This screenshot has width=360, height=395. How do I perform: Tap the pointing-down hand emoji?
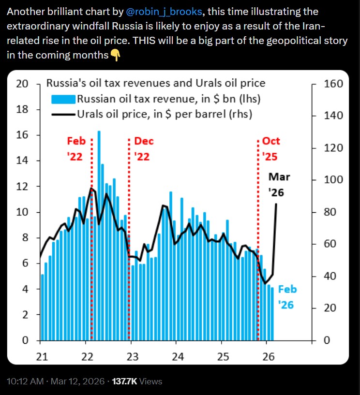point(115,55)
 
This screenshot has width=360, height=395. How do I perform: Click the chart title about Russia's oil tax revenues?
point(155,83)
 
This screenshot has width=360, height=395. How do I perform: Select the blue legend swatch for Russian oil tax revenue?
point(63,99)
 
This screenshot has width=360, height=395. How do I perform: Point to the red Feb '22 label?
point(76,149)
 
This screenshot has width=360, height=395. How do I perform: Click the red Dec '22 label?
point(144,149)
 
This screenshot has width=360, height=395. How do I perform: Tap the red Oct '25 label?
point(271,149)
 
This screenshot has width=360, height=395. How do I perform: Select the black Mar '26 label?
point(279,184)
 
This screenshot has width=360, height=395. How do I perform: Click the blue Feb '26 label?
point(287,297)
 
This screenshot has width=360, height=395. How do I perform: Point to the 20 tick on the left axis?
point(22,84)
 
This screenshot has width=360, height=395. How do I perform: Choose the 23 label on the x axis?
point(132,357)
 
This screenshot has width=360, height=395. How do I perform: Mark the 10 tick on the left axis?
point(22,212)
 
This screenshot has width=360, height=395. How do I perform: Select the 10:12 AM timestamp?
point(23,381)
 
